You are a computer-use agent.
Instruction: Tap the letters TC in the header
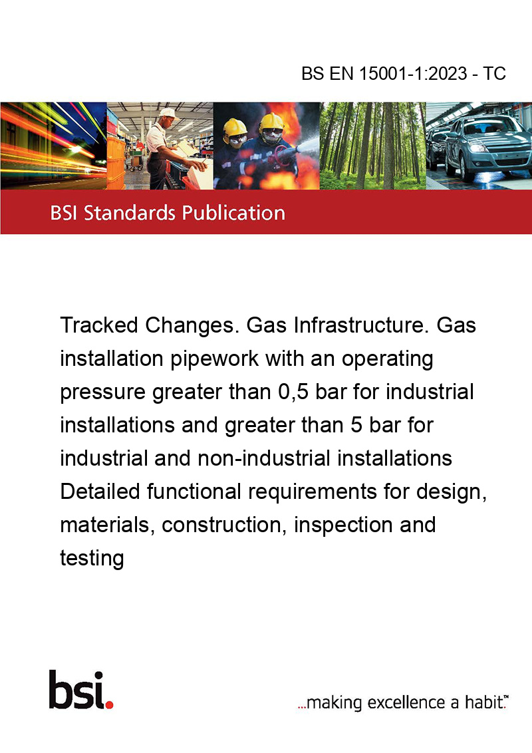[494, 73]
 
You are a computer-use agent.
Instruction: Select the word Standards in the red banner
[130, 212]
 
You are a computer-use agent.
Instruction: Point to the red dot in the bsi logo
[109, 704]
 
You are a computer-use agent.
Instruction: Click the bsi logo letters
[77, 689]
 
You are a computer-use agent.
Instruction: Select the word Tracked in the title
[99, 325]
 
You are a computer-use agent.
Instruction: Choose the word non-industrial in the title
[264, 458]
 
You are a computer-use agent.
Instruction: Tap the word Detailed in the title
[100, 492]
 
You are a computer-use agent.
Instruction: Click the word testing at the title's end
[92, 559]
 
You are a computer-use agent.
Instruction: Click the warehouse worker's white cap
[168, 113]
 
